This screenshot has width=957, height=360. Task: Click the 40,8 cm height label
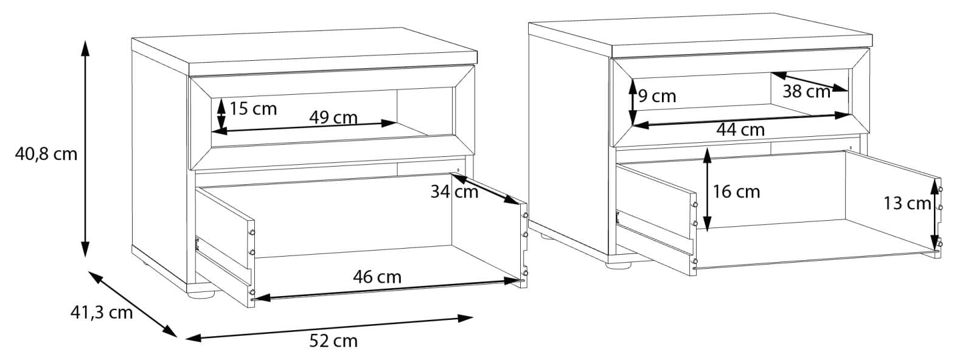(46, 154)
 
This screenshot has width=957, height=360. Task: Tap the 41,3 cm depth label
(102, 313)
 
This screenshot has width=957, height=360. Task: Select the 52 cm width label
(333, 341)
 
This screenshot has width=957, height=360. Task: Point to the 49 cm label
(333, 117)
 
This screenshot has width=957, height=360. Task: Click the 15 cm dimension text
(254, 109)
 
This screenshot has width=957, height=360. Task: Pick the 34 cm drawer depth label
(454, 192)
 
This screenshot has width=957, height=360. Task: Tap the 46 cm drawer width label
(377, 277)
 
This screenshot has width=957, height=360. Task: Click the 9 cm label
(658, 97)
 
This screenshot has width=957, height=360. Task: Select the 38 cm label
(807, 91)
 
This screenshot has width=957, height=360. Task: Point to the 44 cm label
(740, 130)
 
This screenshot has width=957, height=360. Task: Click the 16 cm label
(737, 192)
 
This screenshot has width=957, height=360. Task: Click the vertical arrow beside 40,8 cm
(85, 148)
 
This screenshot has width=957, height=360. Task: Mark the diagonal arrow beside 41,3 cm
(133, 304)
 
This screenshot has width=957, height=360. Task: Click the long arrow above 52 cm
(329, 328)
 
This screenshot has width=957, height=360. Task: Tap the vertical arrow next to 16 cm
(707, 190)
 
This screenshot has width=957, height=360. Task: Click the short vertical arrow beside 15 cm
(221, 114)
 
